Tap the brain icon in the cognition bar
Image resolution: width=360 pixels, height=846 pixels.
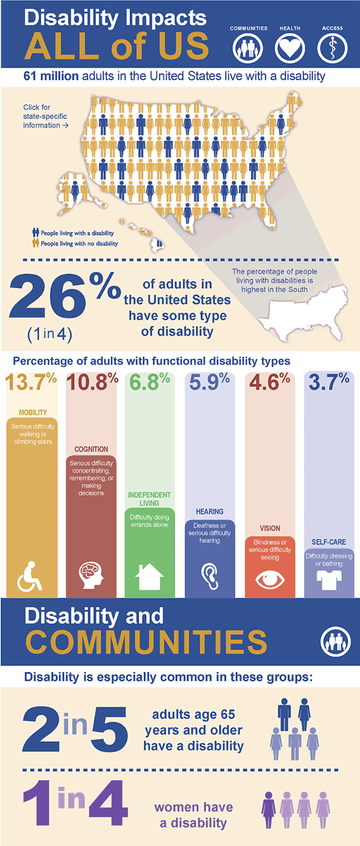click(91, 574)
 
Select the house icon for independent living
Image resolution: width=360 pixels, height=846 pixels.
click(150, 577)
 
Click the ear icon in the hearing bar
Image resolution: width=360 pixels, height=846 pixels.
click(209, 574)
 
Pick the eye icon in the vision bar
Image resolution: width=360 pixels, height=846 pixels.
click(269, 578)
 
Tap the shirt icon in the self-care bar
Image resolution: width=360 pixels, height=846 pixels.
click(329, 579)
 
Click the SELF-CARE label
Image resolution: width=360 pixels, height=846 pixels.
click(329, 542)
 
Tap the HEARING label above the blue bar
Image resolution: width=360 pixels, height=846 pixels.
click(209, 512)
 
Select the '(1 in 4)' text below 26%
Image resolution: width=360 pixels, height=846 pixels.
click(49, 334)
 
